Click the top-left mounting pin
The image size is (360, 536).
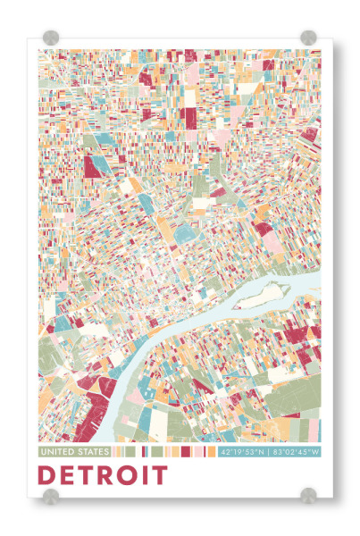[51, 38]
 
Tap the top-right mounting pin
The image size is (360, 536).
[308, 38]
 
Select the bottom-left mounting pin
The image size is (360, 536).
[51, 495]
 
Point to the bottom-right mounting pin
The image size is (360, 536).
[308, 495]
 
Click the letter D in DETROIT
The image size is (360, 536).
[48, 475]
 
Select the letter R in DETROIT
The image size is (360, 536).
[107, 475]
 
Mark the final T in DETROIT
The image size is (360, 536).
[159, 475]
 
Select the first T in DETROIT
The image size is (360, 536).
[88, 475]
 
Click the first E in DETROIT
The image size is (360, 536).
[69, 475]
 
